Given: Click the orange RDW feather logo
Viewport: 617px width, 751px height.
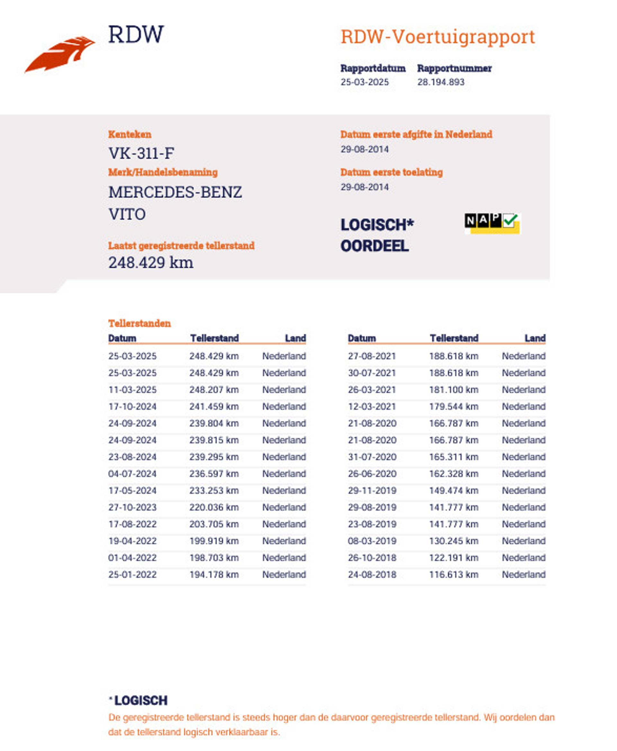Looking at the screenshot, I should [60, 54].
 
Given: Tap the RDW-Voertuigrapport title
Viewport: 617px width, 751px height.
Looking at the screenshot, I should [437, 37].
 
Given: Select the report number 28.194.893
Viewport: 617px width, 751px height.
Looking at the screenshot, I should [441, 82].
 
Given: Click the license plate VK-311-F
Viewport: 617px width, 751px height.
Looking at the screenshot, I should [141, 153].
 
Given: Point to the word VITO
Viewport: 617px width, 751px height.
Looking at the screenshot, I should [127, 214].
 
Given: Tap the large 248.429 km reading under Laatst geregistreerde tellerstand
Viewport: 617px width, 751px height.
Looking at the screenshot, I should [151, 263].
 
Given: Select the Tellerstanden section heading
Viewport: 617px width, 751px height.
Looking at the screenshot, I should [139, 323].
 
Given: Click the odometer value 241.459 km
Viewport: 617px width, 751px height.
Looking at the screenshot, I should [214, 406].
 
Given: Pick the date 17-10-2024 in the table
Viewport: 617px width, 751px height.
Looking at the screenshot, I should [132, 406].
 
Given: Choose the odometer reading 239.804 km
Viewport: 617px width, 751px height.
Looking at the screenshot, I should [214, 423].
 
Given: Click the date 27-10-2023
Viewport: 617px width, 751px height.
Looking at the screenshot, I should [132, 507].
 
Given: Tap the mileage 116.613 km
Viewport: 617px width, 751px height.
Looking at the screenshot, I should [453, 574].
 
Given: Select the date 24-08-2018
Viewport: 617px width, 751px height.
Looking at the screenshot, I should [372, 574].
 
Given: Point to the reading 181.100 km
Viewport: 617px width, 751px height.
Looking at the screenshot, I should [453, 389].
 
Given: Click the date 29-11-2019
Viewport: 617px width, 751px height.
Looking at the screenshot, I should [372, 490].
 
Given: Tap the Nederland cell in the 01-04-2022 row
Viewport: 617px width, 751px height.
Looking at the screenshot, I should [284, 557].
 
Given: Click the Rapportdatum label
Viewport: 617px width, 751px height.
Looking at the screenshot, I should [373, 68].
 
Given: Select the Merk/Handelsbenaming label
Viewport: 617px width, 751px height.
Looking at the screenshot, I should [163, 172].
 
